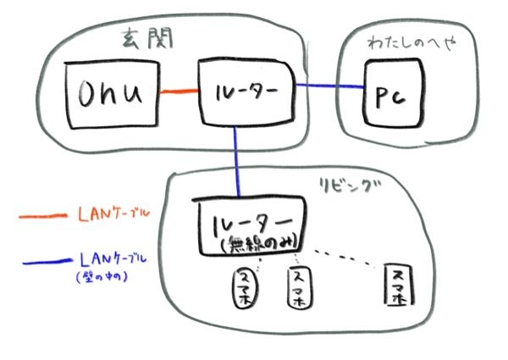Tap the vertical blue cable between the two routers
236,161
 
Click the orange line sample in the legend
42,217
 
